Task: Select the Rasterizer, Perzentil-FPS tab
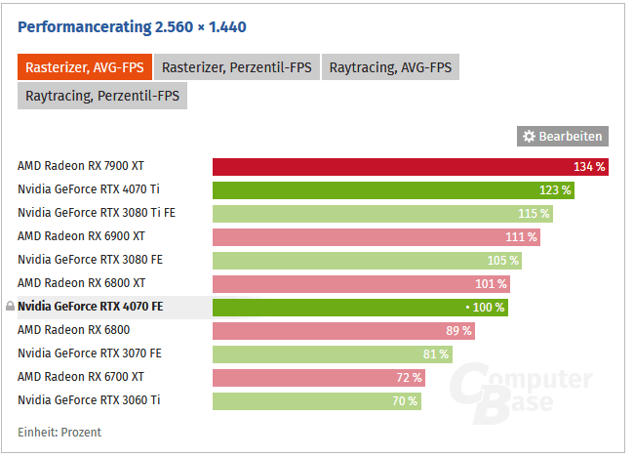236,67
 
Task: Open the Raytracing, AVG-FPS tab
390,67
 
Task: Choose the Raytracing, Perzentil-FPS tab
101,96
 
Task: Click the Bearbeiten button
562,137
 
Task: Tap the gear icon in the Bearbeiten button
530,137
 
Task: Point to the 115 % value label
534,214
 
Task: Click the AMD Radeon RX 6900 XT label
81,236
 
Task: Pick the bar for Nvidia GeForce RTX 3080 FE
367,260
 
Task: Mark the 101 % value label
491,284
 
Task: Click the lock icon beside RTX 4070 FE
10,307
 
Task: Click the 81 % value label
435,353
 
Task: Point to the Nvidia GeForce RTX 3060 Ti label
90,400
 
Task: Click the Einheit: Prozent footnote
59,432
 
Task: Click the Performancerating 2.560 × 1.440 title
131,26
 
